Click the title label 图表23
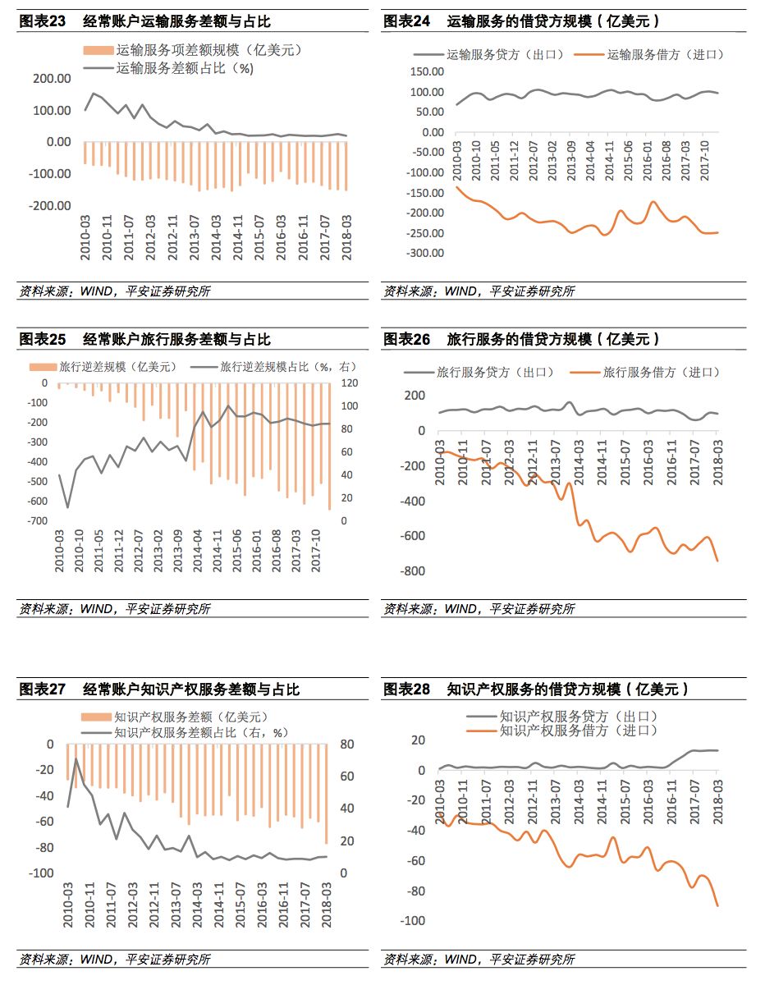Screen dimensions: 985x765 click(x=42, y=22)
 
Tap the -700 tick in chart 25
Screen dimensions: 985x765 click(x=39, y=521)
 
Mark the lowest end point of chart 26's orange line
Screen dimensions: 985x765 click(x=717, y=561)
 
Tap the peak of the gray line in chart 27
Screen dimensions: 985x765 click(x=77, y=758)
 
